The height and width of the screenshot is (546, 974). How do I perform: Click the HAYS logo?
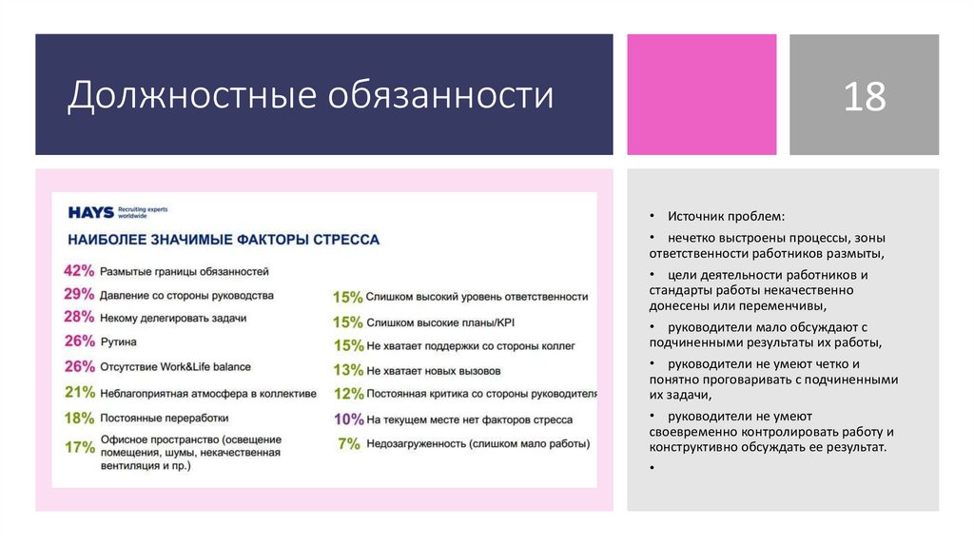(x=91, y=212)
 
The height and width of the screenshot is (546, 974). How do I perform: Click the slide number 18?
(x=864, y=96)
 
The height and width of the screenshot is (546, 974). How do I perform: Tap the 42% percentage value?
(x=79, y=270)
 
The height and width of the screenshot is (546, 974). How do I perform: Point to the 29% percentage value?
(x=79, y=294)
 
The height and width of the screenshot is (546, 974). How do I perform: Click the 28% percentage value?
(x=79, y=317)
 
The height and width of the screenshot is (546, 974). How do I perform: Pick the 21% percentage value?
(x=79, y=391)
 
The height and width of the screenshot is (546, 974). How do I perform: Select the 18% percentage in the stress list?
(x=79, y=417)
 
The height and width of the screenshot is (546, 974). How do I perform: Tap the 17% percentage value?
(x=79, y=446)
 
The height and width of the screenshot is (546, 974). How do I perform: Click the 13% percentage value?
(x=348, y=369)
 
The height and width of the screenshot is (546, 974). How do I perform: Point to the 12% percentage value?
(x=348, y=394)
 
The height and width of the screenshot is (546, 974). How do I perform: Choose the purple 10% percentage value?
(x=348, y=419)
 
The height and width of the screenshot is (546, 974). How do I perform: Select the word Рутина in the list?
(x=118, y=341)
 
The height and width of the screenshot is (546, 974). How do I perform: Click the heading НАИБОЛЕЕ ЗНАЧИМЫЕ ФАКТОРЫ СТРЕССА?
(x=223, y=240)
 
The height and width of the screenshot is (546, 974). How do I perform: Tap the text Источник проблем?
(x=727, y=217)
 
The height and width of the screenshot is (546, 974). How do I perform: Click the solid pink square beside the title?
(x=701, y=94)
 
